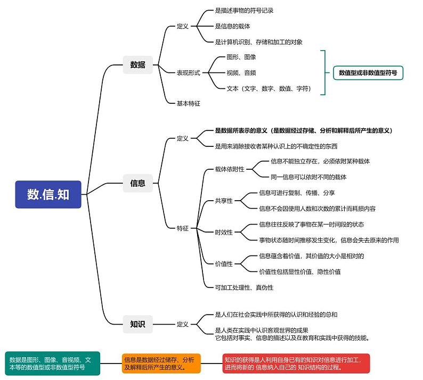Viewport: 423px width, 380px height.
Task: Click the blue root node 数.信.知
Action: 48,194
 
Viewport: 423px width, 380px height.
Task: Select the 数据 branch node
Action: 137,65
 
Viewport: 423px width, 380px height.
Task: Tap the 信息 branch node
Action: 137,183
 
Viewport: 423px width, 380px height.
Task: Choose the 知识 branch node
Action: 137,324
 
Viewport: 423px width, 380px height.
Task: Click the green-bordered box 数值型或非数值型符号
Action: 368,72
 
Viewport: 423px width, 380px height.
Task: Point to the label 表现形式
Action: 188,73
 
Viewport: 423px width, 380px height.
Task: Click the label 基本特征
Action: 188,103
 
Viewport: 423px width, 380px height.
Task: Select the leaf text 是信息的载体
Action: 232,26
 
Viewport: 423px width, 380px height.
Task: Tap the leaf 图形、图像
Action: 241,57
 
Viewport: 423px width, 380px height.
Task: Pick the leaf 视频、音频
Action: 241,73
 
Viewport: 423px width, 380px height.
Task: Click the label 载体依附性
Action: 230,169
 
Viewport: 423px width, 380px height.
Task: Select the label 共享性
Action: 224,201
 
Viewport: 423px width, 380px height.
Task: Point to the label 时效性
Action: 224,232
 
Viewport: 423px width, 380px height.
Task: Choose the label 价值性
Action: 224,263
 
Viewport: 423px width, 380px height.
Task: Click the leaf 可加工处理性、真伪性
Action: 244,287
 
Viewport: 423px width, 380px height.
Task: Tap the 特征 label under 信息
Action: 183,228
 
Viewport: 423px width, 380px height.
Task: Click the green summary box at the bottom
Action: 50,364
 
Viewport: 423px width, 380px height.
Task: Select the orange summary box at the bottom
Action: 161,364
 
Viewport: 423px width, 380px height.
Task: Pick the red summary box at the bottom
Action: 296,364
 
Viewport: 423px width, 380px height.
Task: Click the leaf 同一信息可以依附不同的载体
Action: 308,177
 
